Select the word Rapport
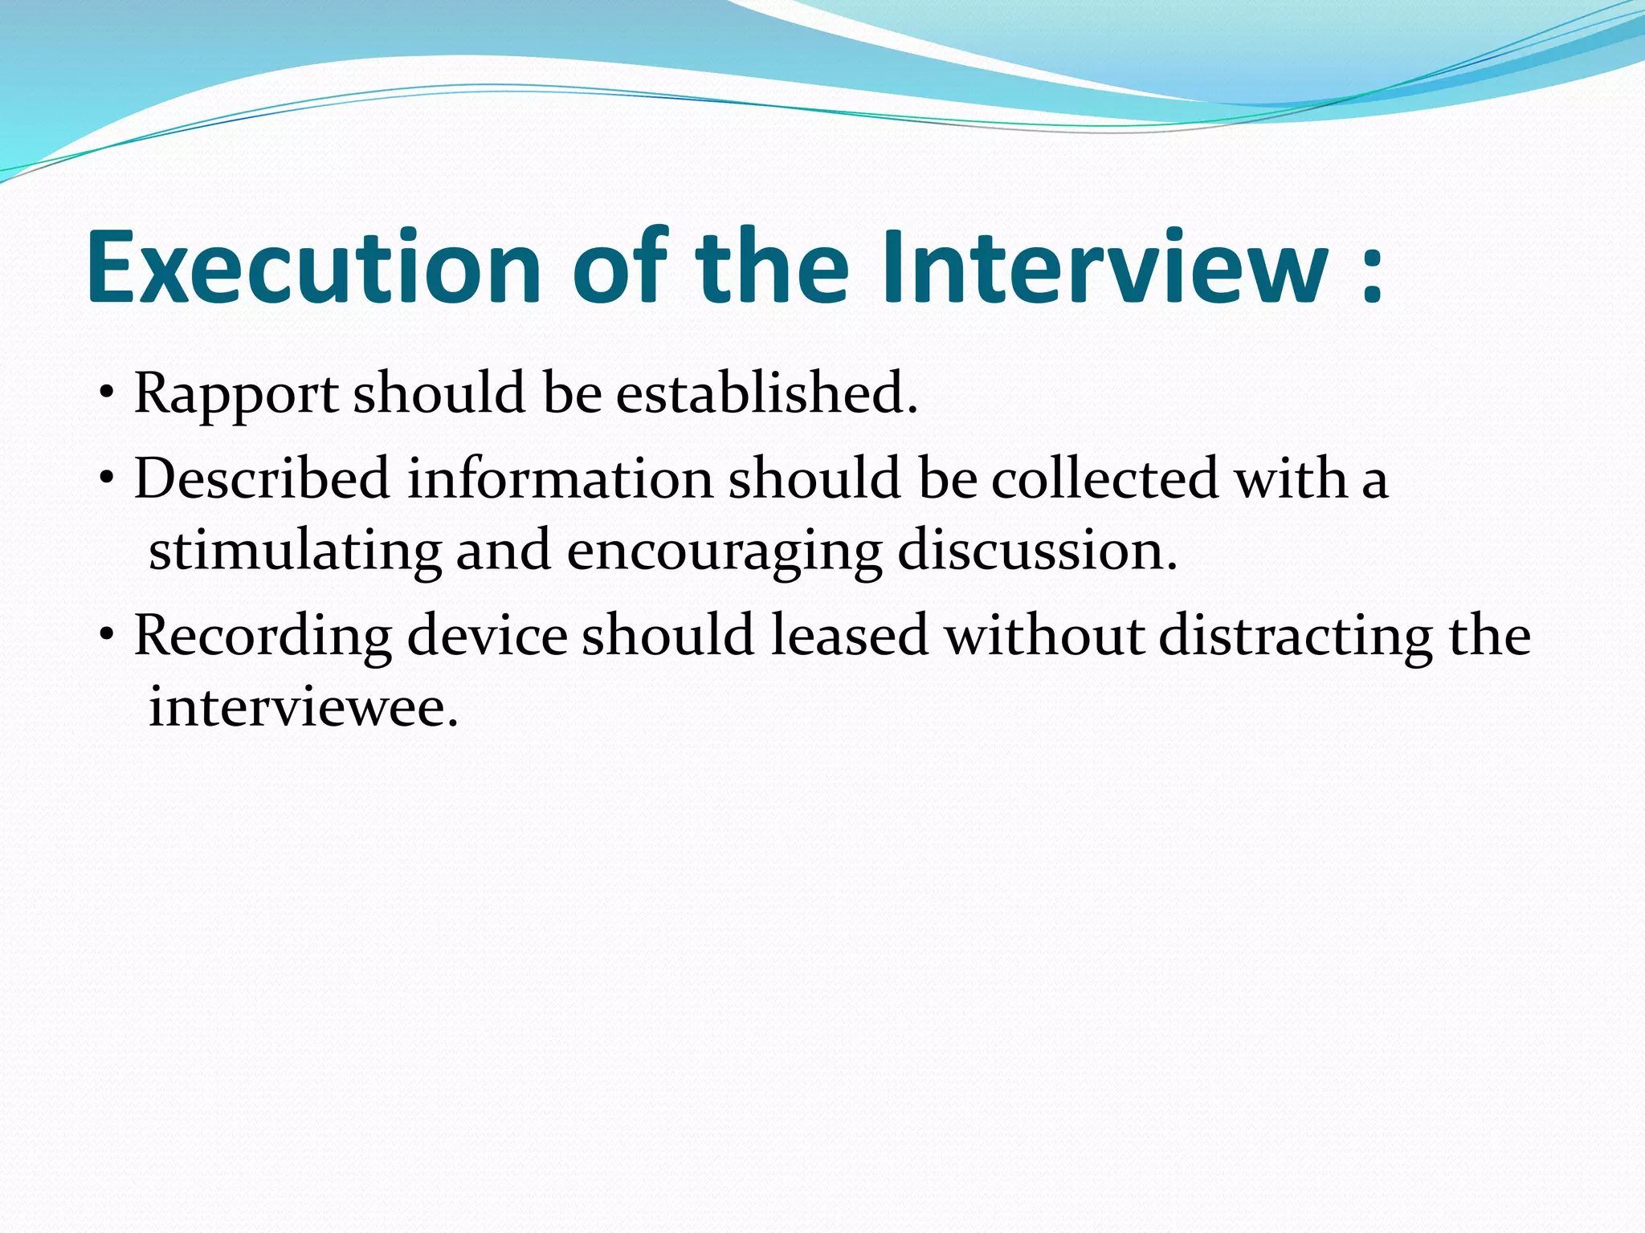pos(236,395)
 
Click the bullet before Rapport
pos(106,395)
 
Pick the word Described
pos(262,479)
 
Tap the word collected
pos(1105,479)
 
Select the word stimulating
pos(295,552)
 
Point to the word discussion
pos(1037,551)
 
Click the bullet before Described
pos(106,480)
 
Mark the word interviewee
pos(304,708)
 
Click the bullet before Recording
pos(106,637)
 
